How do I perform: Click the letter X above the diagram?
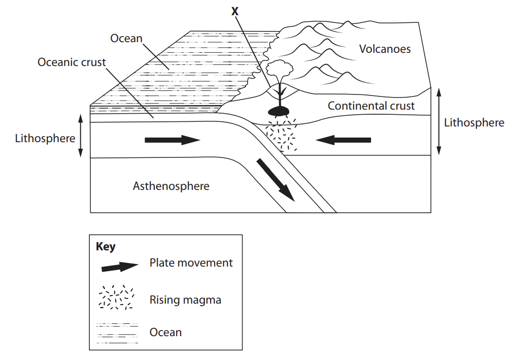pyautogui.click(x=234, y=11)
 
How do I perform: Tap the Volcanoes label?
pyautogui.click(x=385, y=49)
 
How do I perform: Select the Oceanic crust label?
pyautogui.click(x=72, y=62)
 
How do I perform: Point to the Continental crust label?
pyautogui.click(x=371, y=106)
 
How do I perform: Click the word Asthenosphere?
pyautogui.click(x=171, y=186)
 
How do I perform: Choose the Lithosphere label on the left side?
pyautogui.click(x=45, y=138)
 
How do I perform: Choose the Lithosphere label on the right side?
pyautogui.click(x=474, y=122)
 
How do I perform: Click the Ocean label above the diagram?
pyautogui.click(x=126, y=38)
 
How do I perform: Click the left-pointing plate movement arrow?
pyautogui.click(x=344, y=140)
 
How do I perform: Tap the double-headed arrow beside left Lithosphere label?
pyautogui.click(x=80, y=136)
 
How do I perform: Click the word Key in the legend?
pyautogui.click(x=106, y=247)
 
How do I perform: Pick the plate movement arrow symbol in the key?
pyautogui.click(x=120, y=267)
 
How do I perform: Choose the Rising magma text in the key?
pyautogui.click(x=185, y=300)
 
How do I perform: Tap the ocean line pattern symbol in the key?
pyautogui.click(x=117, y=333)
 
